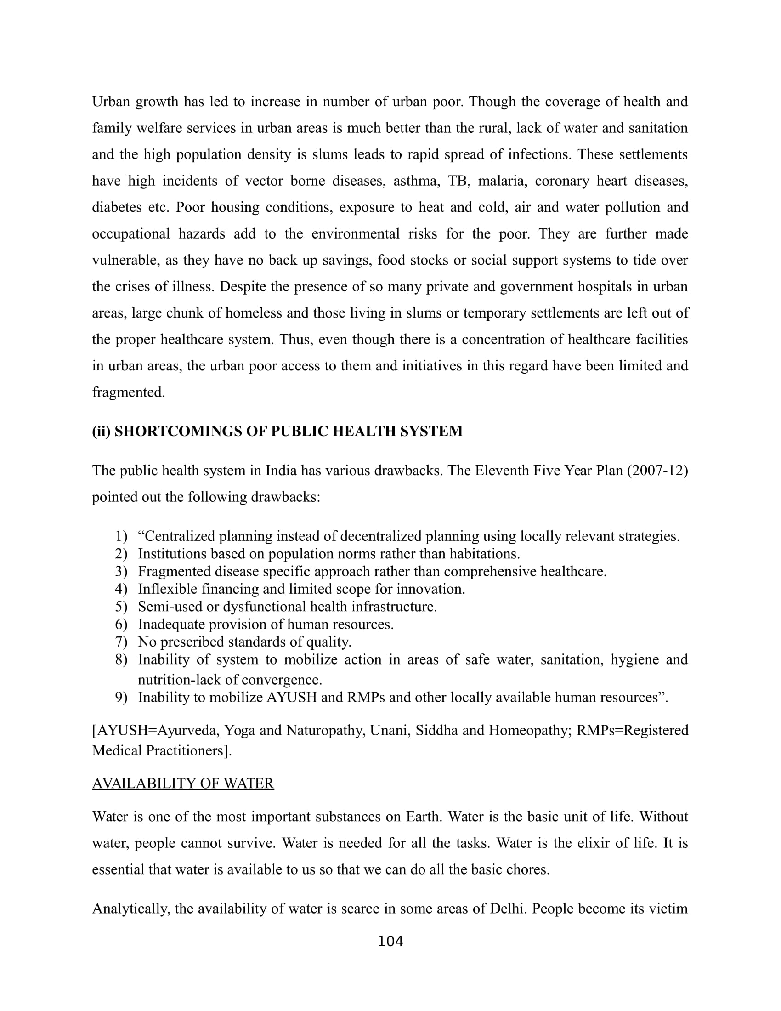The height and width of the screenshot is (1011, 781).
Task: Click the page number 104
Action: click(x=390, y=941)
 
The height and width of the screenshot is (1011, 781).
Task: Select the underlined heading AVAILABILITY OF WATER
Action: click(x=183, y=783)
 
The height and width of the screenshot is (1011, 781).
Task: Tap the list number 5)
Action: click(x=121, y=607)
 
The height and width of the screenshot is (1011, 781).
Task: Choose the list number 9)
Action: click(x=121, y=697)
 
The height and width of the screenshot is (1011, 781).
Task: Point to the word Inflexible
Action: click(x=167, y=589)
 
